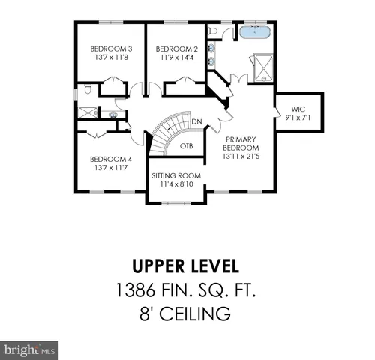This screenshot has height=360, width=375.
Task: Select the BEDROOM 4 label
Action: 110,159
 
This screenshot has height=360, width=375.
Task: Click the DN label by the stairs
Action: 196,121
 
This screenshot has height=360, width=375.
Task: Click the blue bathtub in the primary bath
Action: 256,32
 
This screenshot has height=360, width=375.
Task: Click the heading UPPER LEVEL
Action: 186,266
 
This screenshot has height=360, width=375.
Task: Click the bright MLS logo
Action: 30,349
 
